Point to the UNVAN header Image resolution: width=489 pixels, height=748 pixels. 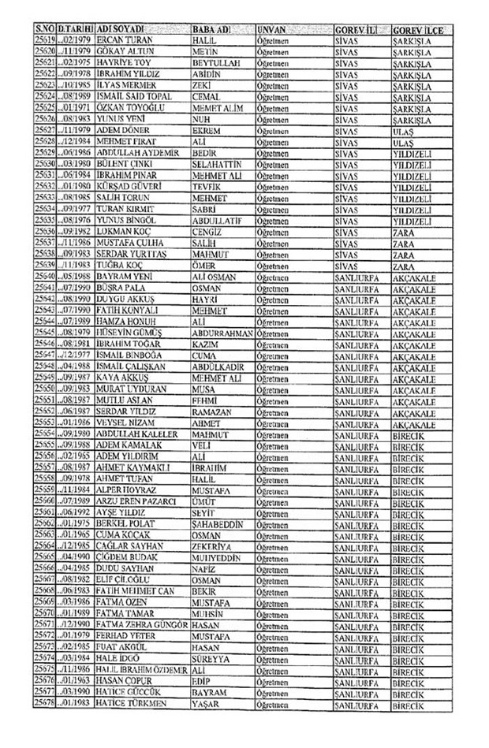tap(271, 28)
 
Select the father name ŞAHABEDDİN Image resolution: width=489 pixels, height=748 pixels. tap(218, 524)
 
